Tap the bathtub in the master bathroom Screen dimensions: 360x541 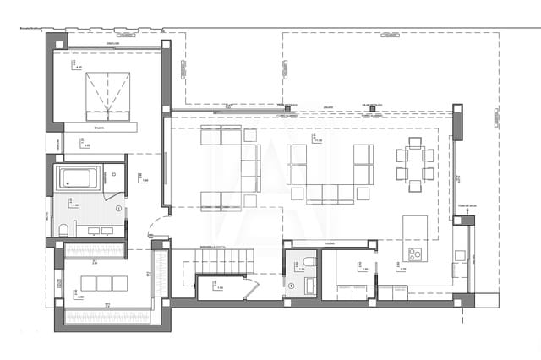(x=78, y=178)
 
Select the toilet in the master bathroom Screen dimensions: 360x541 (x=64, y=230)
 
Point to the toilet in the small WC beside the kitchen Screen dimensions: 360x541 (x=309, y=262)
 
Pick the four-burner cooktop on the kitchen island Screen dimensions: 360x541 (x=415, y=254)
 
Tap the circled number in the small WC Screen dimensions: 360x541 (x=292, y=286)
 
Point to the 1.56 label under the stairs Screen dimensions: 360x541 (x=219, y=288)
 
